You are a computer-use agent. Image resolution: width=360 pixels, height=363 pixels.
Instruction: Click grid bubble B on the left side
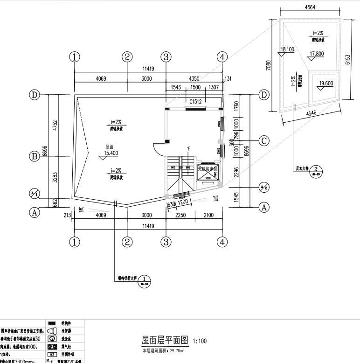point(34,156)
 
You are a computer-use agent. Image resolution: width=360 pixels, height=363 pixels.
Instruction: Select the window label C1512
point(195,101)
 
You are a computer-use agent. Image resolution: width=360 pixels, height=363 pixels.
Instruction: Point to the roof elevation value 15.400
point(111,153)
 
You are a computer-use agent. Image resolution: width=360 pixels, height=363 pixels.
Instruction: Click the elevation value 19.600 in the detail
point(324,84)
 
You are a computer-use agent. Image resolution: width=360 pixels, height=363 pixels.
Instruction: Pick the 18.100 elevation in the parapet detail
point(287,49)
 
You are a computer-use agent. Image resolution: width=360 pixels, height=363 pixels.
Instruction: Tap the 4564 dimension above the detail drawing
point(310,7)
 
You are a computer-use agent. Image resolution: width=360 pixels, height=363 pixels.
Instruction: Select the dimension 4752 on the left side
point(55,125)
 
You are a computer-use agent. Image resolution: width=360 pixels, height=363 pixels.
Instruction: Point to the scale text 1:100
point(199,341)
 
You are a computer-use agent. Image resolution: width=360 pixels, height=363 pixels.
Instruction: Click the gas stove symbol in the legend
point(52,347)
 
